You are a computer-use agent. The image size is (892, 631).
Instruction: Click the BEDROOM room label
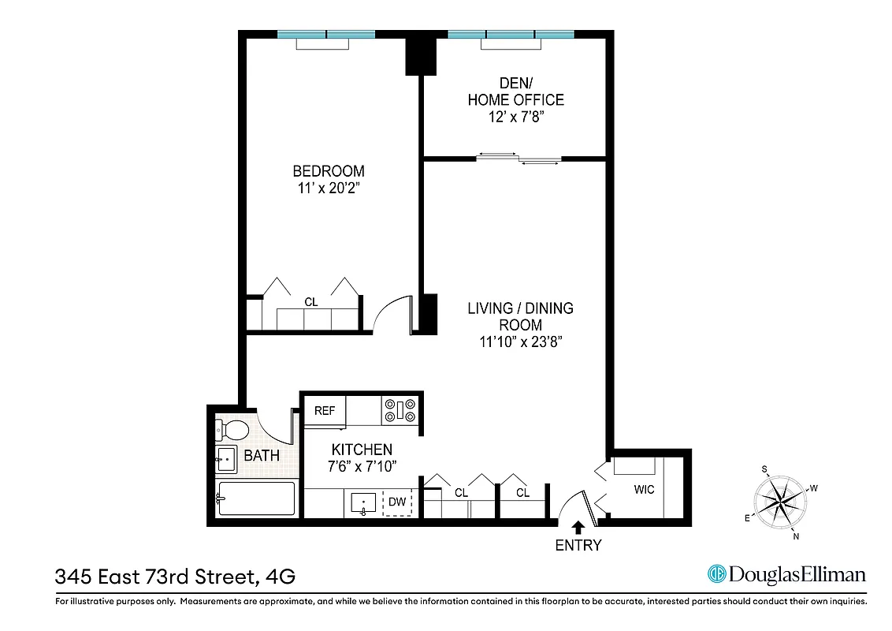point(329,171)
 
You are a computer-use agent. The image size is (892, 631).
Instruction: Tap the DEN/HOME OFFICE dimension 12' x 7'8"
point(515,117)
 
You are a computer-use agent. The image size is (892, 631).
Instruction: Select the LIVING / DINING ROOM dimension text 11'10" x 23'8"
point(520,342)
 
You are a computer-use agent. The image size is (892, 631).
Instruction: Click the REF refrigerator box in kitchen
point(325,411)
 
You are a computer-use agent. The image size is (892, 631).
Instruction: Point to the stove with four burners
point(402,410)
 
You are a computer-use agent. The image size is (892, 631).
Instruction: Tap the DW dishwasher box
point(398,502)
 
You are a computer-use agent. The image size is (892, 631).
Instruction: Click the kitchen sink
point(362,503)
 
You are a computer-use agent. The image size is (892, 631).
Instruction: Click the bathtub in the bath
point(256,498)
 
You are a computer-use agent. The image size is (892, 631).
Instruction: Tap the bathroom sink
point(225,458)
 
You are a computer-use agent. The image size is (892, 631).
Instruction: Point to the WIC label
point(644,490)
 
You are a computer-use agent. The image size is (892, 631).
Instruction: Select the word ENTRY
point(578,545)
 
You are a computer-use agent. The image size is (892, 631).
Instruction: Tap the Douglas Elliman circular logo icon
point(716,574)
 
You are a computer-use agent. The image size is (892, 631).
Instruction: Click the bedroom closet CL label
point(310,301)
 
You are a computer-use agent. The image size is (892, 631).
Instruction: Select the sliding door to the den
point(518,159)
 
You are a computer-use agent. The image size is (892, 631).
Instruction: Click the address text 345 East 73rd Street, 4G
point(175,577)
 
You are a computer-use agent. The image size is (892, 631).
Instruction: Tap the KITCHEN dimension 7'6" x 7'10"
point(362,466)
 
